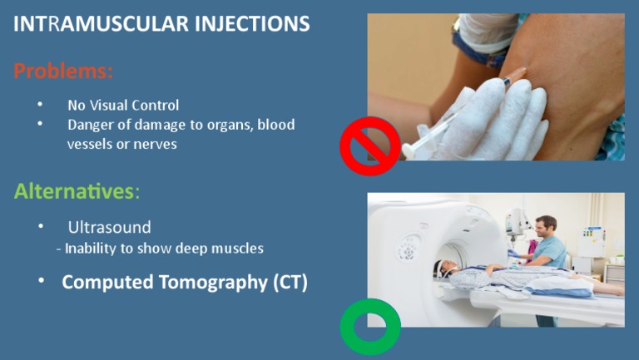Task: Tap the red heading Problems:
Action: tap(62, 72)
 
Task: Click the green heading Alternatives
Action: tap(73, 191)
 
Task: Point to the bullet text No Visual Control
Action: tap(123, 106)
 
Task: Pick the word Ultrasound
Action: tap(109, 227)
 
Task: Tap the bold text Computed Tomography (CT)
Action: tap(185, 282)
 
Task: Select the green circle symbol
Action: tap(370, 327)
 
